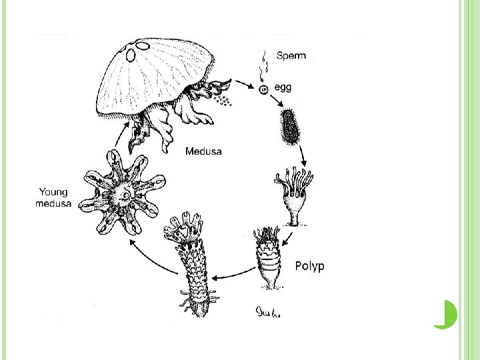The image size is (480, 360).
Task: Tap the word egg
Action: [x=282, y=87]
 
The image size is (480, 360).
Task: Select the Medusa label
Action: [x=203, y=151]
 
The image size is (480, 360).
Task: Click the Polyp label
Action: [x=309, y=267]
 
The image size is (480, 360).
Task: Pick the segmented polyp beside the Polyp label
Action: [x=270, y=259]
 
